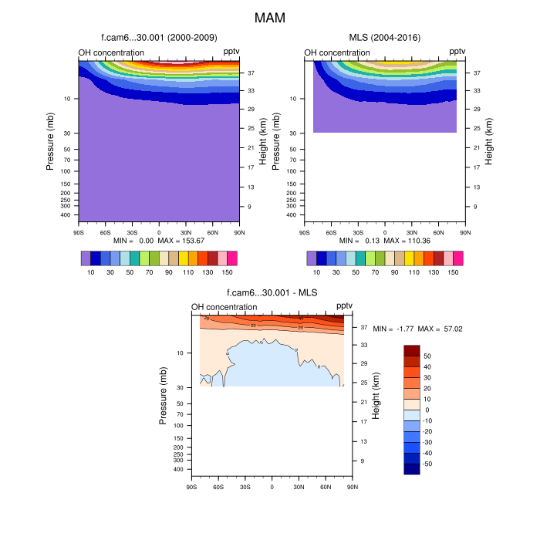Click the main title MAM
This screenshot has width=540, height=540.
tap(270, 16)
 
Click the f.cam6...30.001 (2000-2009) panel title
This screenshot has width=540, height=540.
tap(159, 37)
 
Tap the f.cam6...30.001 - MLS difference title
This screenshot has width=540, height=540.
tap(272, 292)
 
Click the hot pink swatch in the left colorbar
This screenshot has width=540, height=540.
tap(232, 258)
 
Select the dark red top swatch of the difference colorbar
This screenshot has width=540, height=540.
tap(412, 350)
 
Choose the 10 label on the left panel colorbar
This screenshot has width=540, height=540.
tap(91, 272)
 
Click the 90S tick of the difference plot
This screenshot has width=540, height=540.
tap(191, 486)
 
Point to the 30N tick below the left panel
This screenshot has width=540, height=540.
tap(186, 231)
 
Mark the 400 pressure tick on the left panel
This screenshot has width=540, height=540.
tap(66, 215)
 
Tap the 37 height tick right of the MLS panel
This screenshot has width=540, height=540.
tap(478, 73)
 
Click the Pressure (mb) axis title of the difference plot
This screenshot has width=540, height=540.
tap(164, 395)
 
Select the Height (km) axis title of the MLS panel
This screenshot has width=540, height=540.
tap(488, 140)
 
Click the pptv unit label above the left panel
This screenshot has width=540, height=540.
tap(231, 52)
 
